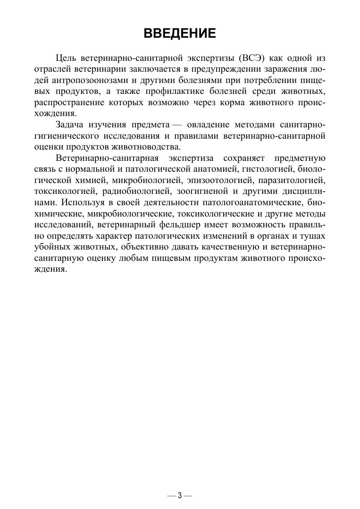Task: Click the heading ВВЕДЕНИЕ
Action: point(180,33)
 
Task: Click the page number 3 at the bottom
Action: point(180,495)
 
